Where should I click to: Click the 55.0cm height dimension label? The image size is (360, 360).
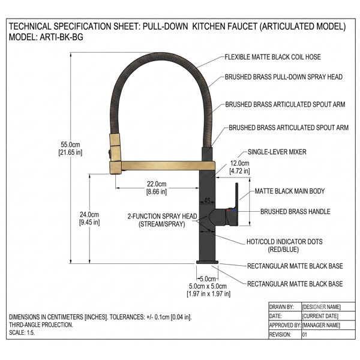click(70, 149)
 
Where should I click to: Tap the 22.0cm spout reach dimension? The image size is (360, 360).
click(157, 188)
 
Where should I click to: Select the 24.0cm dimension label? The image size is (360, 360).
click(89, 218)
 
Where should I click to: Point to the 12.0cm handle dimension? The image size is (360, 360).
click(239, 167)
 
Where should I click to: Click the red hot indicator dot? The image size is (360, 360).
click(228, 210)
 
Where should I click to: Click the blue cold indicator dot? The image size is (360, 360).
click(233, 211)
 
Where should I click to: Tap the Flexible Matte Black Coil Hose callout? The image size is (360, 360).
click(272, 57)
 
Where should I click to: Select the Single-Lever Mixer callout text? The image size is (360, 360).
click(277, 152)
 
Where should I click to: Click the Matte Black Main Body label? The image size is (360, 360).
click(290, 191)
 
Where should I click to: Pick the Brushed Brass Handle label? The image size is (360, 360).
click(295, 211)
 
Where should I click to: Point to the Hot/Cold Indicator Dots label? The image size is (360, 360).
click(284, 245)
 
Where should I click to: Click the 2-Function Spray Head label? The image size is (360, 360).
click(162, 220)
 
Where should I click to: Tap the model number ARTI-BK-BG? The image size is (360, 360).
click(62, 37)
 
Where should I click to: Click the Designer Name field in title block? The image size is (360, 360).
click(321, 307)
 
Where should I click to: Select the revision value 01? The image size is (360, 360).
click(304, 335)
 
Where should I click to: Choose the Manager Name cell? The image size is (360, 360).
click(321, 325)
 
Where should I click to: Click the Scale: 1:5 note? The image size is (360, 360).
click(22, 332)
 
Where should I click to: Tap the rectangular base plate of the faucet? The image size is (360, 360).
click(207, 262)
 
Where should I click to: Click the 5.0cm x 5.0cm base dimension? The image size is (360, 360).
click(208, 290)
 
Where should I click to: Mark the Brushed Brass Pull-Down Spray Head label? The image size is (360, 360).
click(284, 77)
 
